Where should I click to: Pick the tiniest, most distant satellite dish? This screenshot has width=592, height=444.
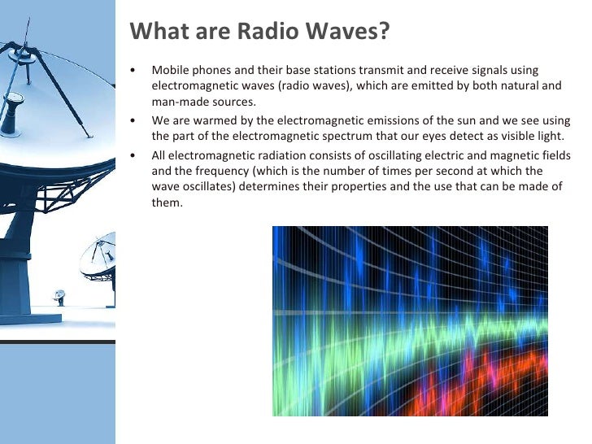(x=59, y=295)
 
